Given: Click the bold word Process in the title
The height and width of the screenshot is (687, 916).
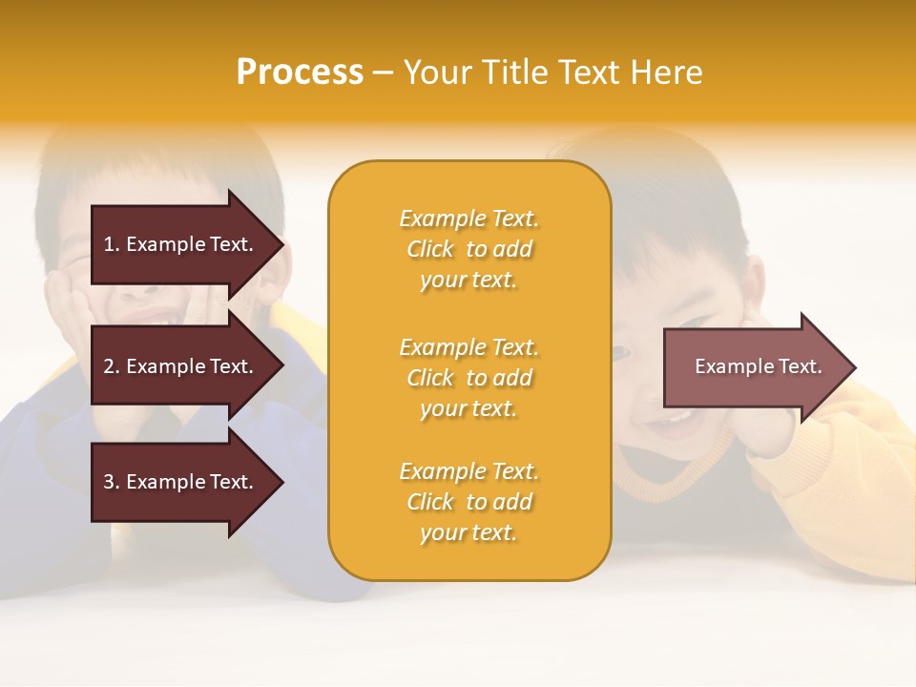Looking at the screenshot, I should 300,73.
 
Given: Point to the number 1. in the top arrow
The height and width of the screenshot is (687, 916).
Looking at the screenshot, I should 111,244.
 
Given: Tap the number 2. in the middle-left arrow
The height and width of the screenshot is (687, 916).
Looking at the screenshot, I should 111,366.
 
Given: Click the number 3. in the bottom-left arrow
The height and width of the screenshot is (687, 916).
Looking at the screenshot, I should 111,482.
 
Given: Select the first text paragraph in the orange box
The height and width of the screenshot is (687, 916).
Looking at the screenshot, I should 468,249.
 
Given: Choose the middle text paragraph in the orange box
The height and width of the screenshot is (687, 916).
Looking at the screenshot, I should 468,378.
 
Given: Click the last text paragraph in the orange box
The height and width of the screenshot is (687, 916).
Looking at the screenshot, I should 468,502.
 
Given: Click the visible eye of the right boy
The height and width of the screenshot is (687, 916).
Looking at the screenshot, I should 621,354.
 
